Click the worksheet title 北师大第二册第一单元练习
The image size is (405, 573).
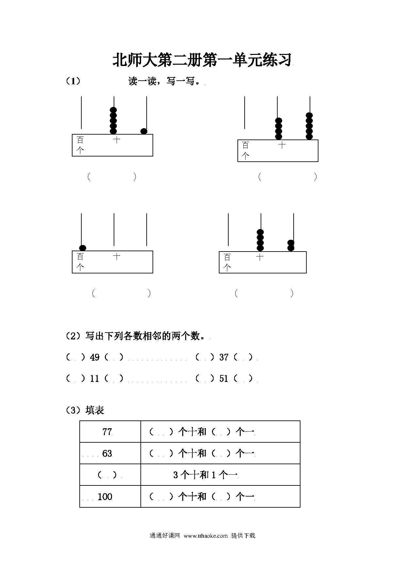pos(202,60)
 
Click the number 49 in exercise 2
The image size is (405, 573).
pos(95,357)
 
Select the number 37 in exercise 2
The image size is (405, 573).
pos(224,357)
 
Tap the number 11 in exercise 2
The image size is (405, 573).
pos(95,379)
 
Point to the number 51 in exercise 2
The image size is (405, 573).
pos(224,379)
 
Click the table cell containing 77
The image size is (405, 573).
pos(110,432)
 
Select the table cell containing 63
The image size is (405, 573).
pos(110,453)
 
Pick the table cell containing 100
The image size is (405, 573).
pos(110,497)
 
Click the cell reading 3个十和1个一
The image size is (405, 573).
pos(220,475)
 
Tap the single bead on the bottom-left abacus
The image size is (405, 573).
pos(83,248)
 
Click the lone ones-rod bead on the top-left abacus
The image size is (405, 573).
pos(144,131)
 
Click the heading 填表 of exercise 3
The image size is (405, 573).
pos(95,410)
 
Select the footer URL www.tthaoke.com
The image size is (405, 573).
pos(205,536)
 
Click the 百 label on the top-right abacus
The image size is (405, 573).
pos(246,145)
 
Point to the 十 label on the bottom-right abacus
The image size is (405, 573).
pos(260,257)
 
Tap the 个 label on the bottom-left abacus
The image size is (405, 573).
pos(80,268)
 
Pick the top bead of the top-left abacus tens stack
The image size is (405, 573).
pos(113,110)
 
